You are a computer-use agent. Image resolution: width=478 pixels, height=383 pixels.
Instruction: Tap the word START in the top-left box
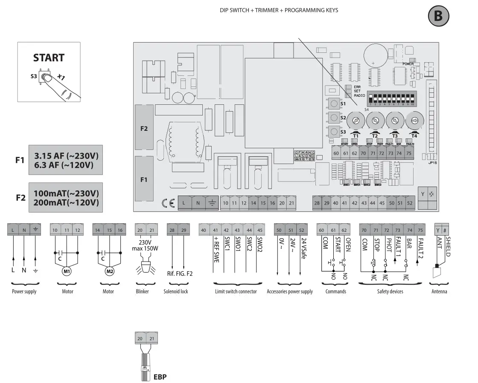coord(49,58)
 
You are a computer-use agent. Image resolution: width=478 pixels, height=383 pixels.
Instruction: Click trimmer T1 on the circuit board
coord(354,121)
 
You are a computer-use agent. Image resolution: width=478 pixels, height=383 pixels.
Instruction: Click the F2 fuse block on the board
coord(144,128)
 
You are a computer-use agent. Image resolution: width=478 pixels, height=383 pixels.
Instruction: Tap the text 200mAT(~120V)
coord(66,202)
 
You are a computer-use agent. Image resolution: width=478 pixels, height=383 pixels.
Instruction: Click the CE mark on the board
coord(168,203)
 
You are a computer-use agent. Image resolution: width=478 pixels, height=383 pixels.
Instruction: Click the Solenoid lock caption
coord(176,291)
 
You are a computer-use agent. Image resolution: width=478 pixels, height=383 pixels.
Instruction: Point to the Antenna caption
coord(439,291)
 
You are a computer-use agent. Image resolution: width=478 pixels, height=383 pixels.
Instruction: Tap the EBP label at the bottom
coord(160,377)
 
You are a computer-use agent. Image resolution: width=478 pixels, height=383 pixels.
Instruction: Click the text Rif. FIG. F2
coord(179,274)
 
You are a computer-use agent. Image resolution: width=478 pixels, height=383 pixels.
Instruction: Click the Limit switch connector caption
coord(236,291)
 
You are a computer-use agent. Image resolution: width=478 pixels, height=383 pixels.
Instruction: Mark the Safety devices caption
coord(390,291)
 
